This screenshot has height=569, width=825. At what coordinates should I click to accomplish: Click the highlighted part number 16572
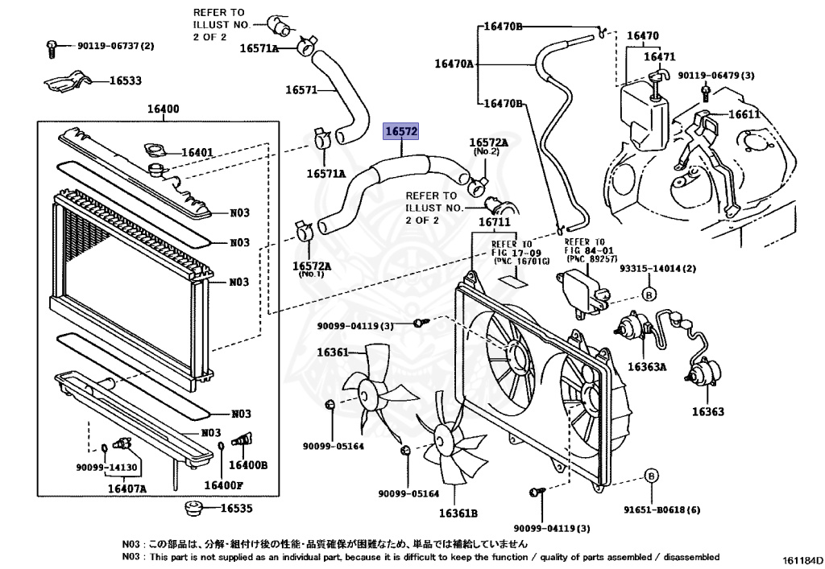click(401, 130)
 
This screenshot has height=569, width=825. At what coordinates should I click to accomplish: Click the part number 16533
click(125, 80)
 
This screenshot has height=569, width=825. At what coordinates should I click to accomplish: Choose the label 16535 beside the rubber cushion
click(236, 509)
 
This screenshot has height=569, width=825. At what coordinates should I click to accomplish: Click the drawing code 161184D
click(800, 559)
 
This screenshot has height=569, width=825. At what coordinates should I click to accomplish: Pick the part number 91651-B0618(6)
click(650, 509)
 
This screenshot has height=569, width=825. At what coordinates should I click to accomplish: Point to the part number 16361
click(332, 352)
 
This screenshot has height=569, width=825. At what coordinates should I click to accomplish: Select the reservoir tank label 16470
click(643, 35)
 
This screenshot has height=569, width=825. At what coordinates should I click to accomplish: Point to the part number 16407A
click(127, 489)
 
